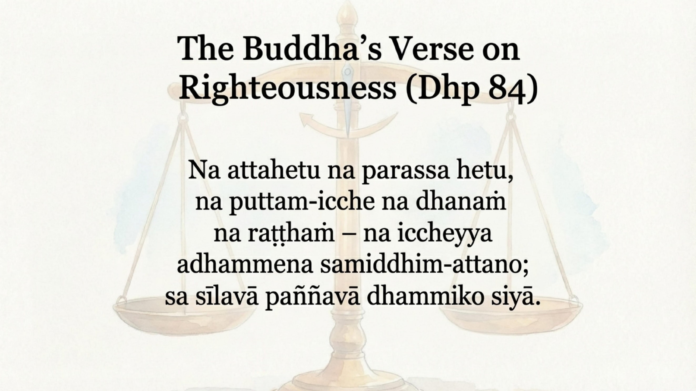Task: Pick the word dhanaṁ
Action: click(461, 202)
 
